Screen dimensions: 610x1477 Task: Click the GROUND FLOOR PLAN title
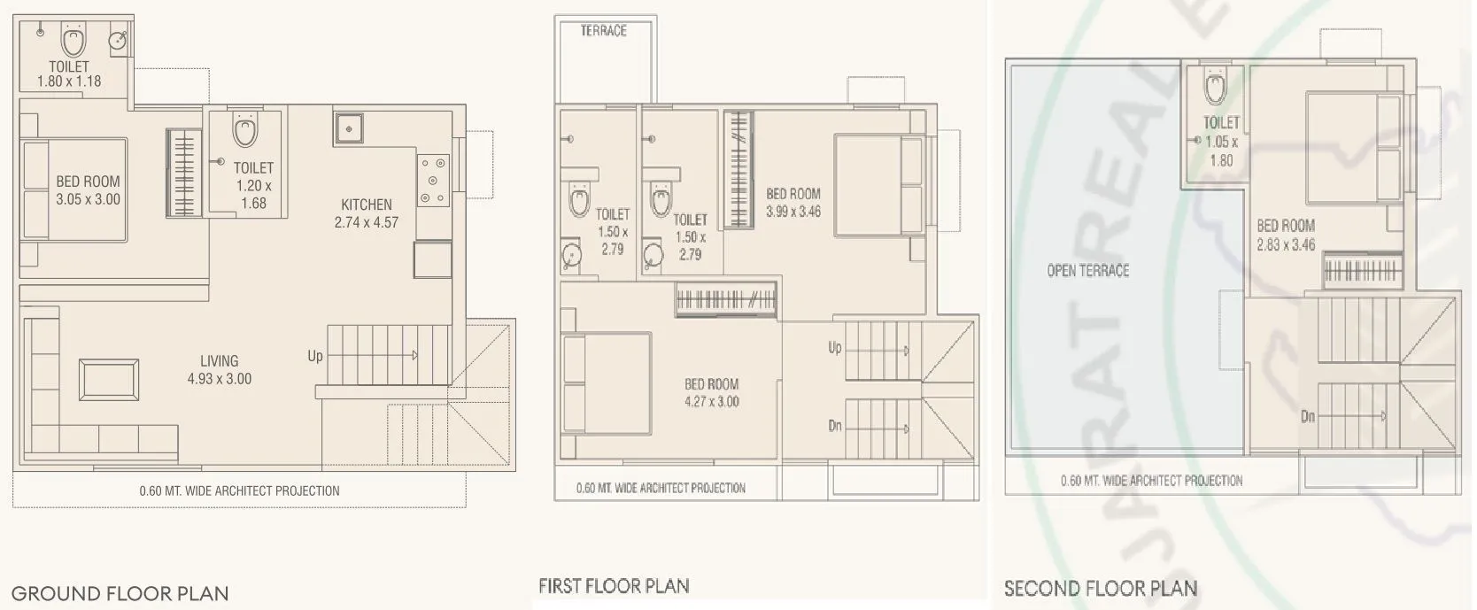(x=120, y=593)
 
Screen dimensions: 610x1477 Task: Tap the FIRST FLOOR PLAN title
(x=614, y=586)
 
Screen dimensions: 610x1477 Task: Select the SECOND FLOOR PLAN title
(x=1101, y=589)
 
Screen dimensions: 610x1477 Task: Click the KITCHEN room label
(x=367, y=205)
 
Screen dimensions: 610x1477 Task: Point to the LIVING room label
(x=219, y=360)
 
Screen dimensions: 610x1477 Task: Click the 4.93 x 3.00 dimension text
(x=219, y=379)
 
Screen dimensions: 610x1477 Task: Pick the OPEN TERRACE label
(x=1087, y=271)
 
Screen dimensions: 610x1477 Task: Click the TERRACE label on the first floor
(x=603, y=31)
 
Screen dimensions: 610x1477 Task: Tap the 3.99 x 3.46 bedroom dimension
(x=793, y=212)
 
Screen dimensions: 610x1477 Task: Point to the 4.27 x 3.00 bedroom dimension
(x=711, y=402)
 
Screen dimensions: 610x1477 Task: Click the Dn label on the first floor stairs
(x=835, y=426)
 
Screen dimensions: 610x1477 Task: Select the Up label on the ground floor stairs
(x=315, y=356)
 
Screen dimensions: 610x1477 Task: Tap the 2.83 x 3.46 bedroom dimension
(x=1286, y=244)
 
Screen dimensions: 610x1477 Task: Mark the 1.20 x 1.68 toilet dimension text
(x=253, y=194)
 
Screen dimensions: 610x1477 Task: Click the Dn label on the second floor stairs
(x=1308, y=415)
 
